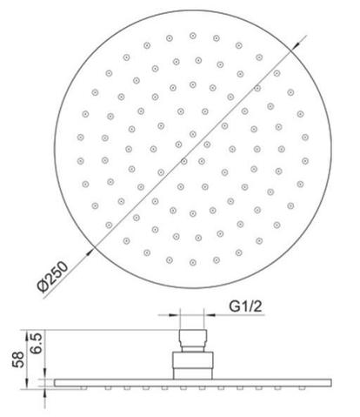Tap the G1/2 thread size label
tap(248, 306)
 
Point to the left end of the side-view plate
tap(55, 381)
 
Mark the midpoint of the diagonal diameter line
tap(190, 148)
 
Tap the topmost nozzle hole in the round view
tap(192, 37)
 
